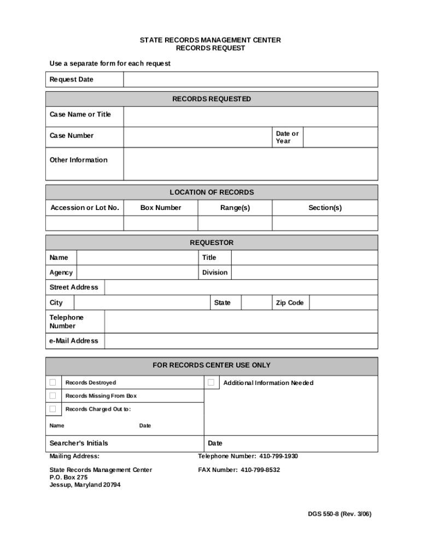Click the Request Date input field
[250, 80]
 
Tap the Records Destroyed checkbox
[52, 382]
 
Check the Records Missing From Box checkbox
[52, 395]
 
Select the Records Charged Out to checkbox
[52, 409]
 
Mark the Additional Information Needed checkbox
[211, 382]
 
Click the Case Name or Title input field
[250, 116]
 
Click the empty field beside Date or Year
[340, 137]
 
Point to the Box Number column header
[161, 208]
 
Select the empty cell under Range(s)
[235, 223]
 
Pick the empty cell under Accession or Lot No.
[85, 223]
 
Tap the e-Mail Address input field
[241, 341]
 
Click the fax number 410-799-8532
[260, 470]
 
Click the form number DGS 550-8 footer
[339, 514]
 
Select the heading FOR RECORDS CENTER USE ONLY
[212, 365]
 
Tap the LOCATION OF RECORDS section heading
[212, 192]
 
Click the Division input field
[305, 272]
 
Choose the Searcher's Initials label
[79, 443]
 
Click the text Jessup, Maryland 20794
[85, 485]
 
